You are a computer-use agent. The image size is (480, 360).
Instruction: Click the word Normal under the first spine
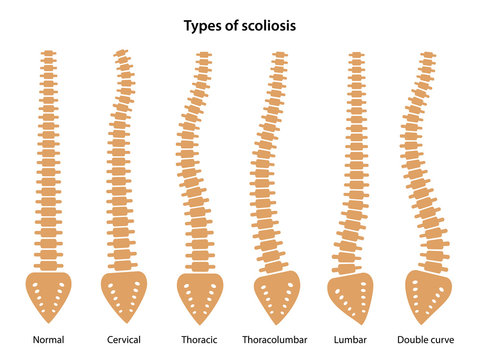pyautogui.click(x=48, y=340)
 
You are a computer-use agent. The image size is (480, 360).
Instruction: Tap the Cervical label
pyautogui.click(x=123, y=340)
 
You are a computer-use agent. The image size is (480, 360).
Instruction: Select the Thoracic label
pyautogui.click(x=199, y=340)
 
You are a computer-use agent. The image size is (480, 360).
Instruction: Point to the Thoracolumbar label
pyautogui.click(x=276, y=340)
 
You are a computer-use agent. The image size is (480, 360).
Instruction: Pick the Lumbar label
pyautogui.click(x=351, y=340)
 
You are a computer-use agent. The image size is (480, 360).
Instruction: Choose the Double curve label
pyautogui.click(x=427, y=340)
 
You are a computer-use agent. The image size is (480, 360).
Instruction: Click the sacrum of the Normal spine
pyautogui.click(x=48, y=295)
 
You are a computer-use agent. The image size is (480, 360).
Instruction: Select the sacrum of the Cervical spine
pyautogui.click(x=124, y=295)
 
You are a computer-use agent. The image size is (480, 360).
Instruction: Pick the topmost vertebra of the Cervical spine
pyautogui.click(x=121, y=53)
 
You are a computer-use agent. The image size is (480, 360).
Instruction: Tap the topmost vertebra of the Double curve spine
pyautogui.click(x=428, y=54)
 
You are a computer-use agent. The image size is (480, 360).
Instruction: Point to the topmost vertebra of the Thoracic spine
pyautogui.click(x=204, y=54)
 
